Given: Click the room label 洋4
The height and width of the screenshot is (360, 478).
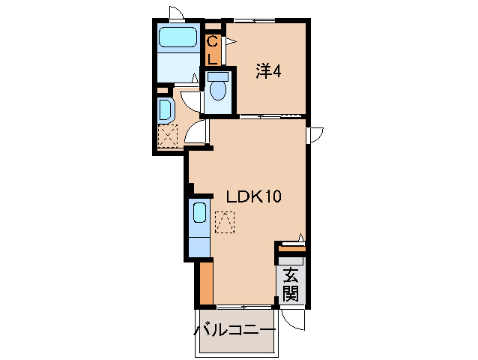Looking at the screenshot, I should [269, 72].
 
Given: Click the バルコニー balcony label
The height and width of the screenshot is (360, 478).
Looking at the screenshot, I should [235, 330].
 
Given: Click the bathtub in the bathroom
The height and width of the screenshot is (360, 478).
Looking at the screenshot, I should [178, 37].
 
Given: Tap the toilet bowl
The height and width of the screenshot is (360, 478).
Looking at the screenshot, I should [218, 89].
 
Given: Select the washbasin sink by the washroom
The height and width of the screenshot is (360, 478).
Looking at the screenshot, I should [166, 110].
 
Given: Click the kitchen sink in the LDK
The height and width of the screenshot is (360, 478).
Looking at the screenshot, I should [199, 212].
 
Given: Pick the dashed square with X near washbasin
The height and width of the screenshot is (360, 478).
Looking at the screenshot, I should [168, 137].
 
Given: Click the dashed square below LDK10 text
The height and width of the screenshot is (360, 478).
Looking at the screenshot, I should [224, 223].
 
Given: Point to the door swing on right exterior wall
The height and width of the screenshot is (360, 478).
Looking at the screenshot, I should [315, 133].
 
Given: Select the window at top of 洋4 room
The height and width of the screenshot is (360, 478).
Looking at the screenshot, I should [255, 19].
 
